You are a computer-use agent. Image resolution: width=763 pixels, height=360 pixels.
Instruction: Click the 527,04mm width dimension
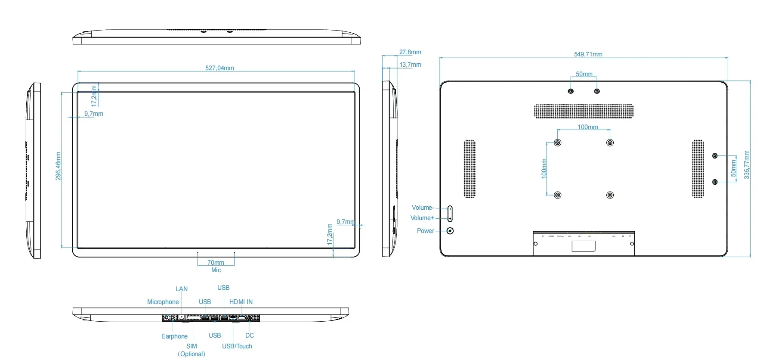[219, 68]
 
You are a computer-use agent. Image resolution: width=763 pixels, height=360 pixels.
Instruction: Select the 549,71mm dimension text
[588, 54]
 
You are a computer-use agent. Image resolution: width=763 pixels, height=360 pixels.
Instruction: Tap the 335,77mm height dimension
[747, 165]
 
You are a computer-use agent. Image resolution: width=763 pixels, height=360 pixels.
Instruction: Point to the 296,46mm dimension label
[59, 166]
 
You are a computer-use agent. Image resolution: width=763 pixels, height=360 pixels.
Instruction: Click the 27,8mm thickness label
[410, 52]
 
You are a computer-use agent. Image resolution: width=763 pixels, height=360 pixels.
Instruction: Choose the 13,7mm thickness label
[410, 65]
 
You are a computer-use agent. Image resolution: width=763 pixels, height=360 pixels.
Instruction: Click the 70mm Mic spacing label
[216, 263]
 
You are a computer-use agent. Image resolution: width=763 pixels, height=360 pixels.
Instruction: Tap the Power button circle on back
[450, 231]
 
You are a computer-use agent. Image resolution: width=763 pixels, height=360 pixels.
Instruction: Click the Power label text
[425, 231]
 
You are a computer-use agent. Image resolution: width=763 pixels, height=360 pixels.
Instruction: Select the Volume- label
[423, 208]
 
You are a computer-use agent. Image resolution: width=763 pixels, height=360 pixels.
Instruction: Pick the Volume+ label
[422, 218]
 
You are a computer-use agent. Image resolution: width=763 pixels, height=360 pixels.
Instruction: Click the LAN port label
[182, 289]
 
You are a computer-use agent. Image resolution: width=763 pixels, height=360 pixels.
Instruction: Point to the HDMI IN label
[241, 302]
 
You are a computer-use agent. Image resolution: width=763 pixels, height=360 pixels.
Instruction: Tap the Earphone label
[174, 336]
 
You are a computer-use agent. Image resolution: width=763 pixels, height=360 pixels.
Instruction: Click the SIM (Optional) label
[192, 350]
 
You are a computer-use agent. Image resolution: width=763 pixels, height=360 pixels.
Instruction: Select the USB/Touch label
[237, 346]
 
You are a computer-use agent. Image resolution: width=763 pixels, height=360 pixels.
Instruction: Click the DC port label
[250, 335]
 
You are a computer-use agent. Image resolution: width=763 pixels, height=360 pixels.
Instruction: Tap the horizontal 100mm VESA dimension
[587, 127]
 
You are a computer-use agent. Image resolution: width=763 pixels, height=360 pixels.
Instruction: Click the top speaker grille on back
[584, 111]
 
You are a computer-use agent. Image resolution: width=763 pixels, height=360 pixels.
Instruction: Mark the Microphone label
[163, 302]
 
